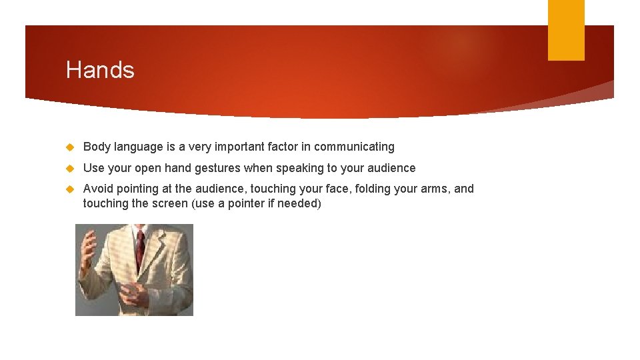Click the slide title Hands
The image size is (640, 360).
pos(100,70)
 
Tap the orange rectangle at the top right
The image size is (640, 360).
pos(565,30)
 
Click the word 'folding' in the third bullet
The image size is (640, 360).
pos(372,189)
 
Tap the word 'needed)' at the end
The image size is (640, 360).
pos(299,203)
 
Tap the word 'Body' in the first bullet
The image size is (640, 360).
pos(97,147)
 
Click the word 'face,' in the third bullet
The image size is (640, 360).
pos(337,189)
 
